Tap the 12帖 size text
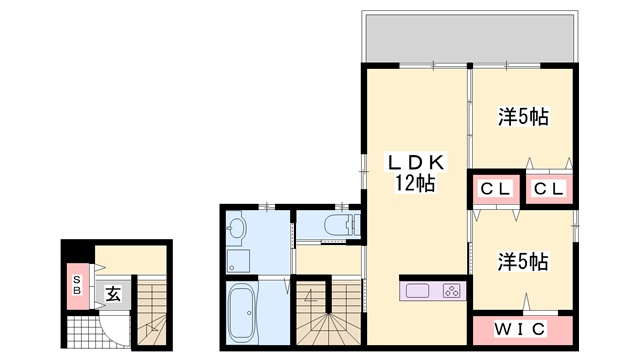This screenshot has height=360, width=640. (414, 183)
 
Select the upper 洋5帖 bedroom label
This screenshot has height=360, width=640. (523, 117)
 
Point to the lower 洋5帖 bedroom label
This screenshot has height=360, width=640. (523, 262)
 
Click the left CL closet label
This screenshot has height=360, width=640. (496, 189)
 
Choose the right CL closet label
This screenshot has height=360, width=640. (549, 189)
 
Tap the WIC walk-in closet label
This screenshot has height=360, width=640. (520, 329)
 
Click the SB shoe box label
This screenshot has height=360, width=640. (77, 285)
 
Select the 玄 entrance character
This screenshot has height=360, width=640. (113, 294)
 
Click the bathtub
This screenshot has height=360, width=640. (242, 313)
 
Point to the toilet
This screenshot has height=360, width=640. (342, 225)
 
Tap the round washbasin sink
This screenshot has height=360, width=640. (236, 226)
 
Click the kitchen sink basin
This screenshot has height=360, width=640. (418, 291)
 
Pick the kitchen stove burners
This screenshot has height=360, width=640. (452, 291)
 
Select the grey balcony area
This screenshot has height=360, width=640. (470, 38)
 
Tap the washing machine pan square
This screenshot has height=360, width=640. (238, 261)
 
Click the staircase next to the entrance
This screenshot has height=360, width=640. (152, 311)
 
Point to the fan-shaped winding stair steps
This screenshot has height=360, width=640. (328, 329)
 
